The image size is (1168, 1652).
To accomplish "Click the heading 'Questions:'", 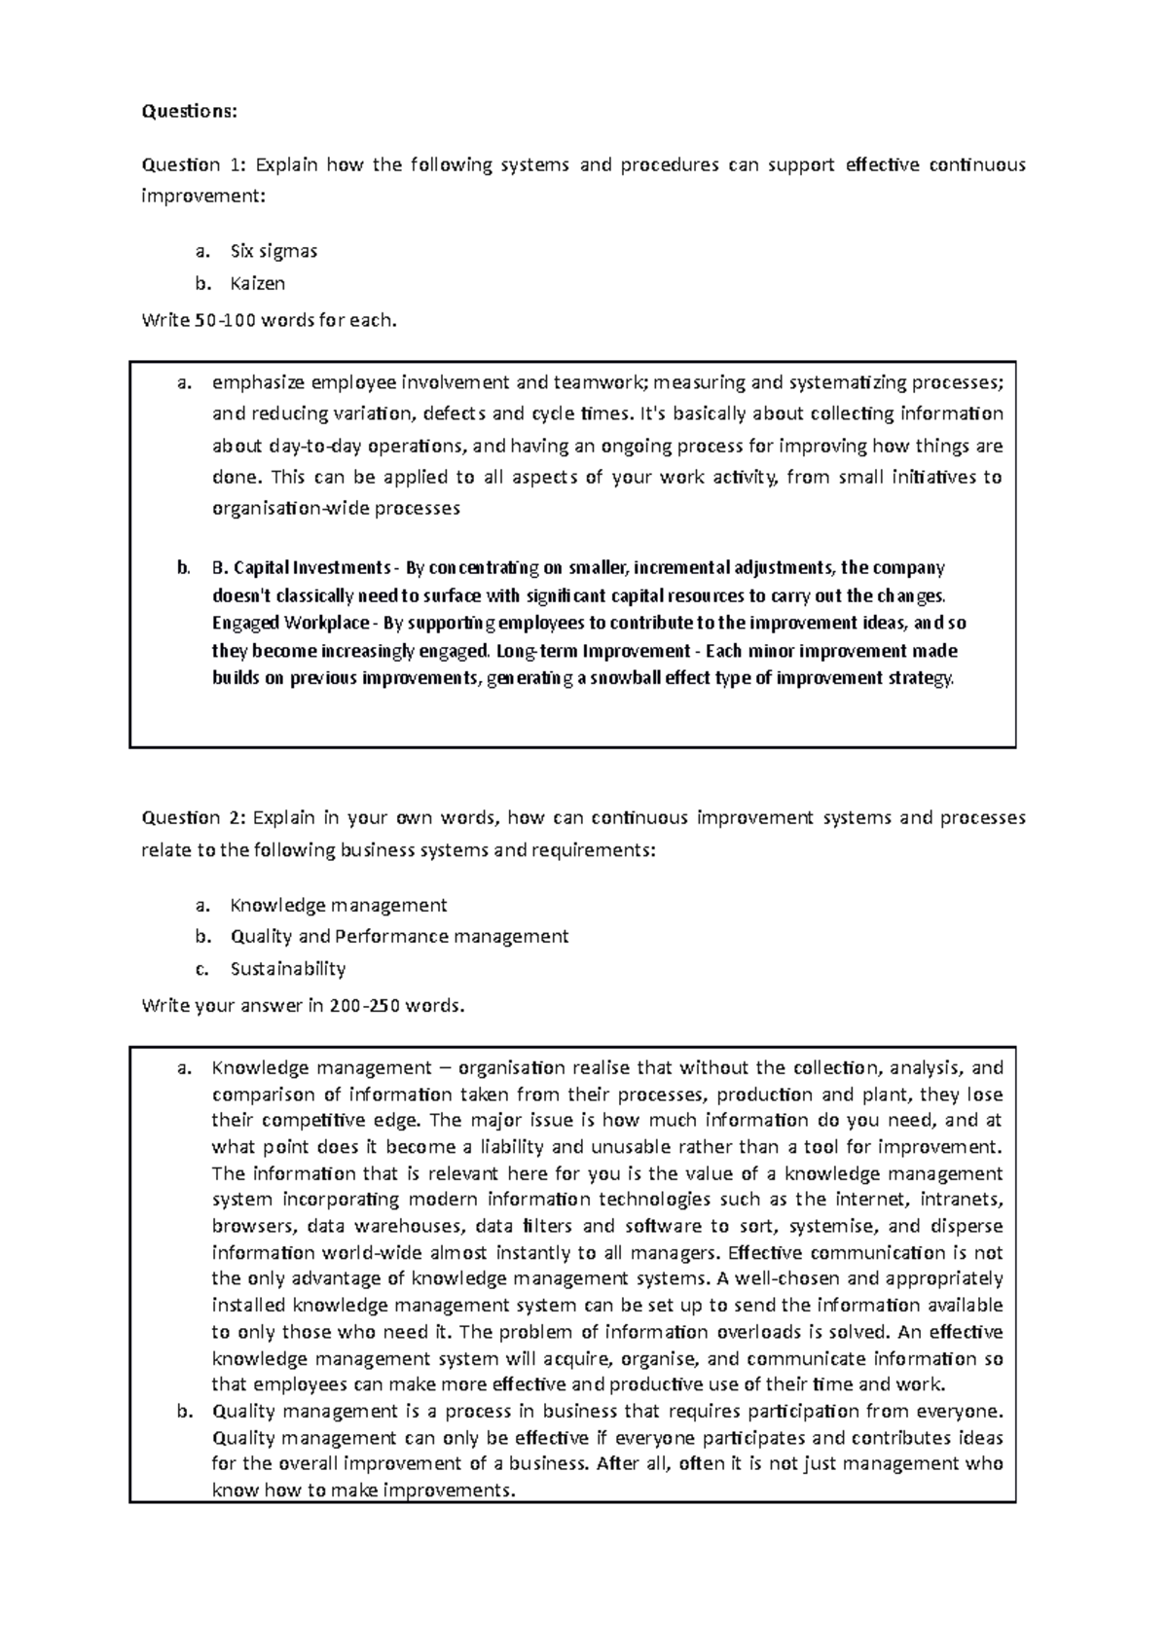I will (189, 111).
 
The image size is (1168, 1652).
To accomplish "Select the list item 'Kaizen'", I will (258, 284).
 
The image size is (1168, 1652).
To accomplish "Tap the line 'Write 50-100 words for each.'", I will (270, 320).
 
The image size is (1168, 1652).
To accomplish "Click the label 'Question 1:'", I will (193, 164).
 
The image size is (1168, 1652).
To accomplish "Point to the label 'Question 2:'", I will (195, 817).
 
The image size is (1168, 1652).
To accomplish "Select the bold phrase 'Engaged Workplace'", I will (290, 623).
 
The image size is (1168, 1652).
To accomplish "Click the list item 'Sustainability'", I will (287, 969).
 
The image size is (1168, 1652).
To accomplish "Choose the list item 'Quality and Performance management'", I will (399, 937).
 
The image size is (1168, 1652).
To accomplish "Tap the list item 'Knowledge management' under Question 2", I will (338, 906).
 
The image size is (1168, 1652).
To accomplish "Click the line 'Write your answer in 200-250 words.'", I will (304, 1005).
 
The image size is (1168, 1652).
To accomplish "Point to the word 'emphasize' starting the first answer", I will (260, 382).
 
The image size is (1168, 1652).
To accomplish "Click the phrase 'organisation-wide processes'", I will (336, 508).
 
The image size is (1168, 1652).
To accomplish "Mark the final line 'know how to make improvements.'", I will (362, 1490).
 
